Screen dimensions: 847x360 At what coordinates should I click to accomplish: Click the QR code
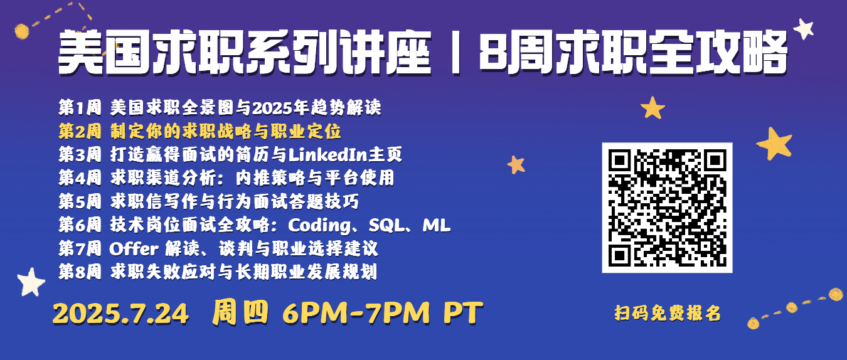click(x=667, y=208)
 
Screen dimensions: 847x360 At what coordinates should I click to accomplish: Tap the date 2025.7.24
click(x=120, y=314)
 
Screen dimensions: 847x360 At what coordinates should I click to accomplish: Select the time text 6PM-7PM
click(x=356, y=313)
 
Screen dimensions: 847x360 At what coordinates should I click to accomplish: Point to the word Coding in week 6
click(x=319, y=226)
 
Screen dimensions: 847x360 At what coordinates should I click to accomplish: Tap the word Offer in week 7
click(x=134, y=249)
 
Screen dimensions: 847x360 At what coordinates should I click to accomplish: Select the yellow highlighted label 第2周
click(x=80, y=131)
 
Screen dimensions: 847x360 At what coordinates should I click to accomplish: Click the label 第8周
click(x=80, y=272)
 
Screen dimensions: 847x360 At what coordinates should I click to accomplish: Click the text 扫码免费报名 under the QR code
click(x=668, y=313)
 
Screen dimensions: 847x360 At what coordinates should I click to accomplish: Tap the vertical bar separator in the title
click(x=456, y=53)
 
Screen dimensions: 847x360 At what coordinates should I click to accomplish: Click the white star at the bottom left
click(x=31, y=282)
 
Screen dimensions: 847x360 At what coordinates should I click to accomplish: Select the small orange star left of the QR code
click(x=516, y=165)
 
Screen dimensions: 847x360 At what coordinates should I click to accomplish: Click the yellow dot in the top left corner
click(x=21, y=31)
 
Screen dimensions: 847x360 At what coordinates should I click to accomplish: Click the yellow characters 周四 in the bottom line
click(x=240, y=313)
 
